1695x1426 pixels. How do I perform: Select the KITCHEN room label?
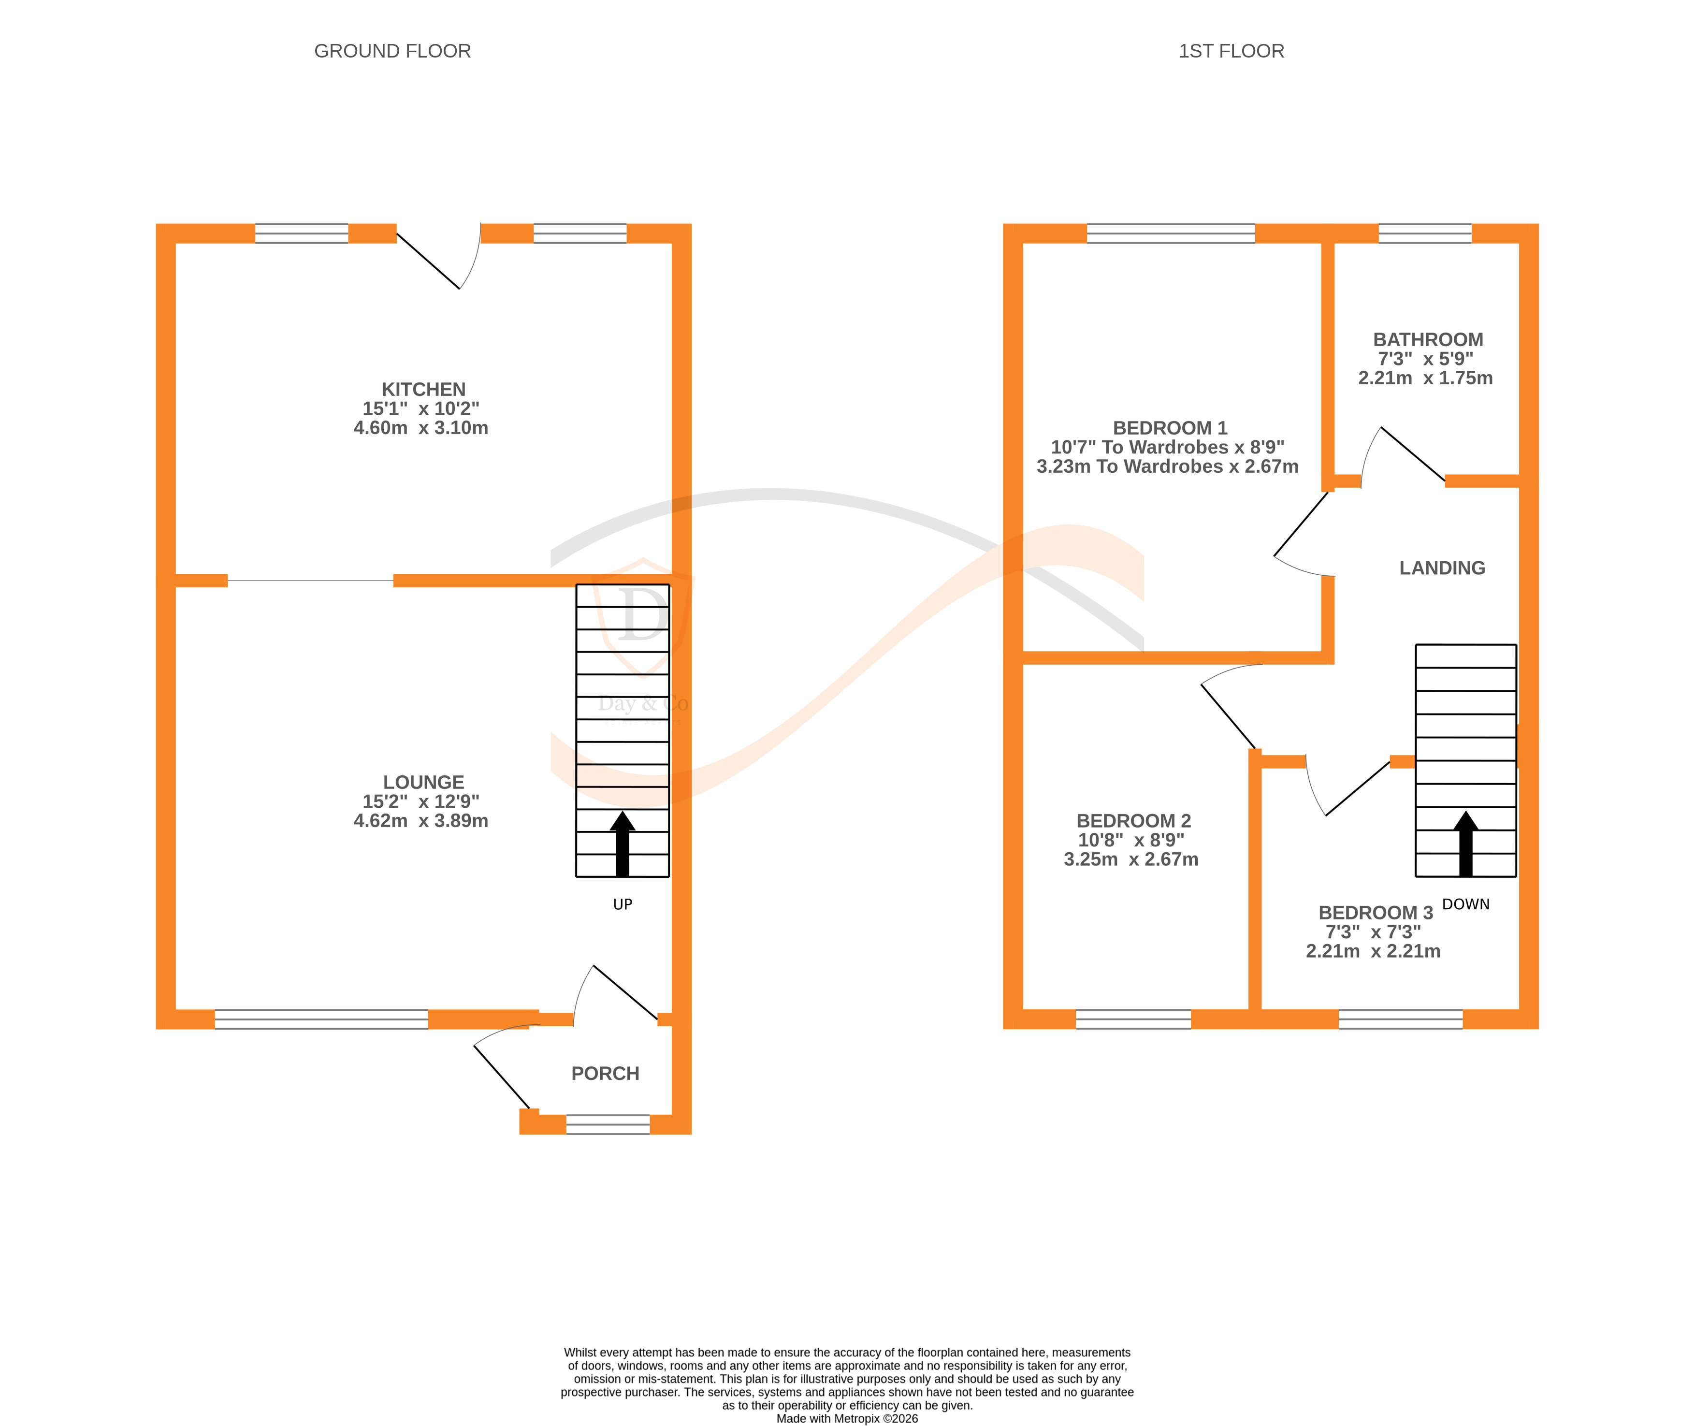pyautogui.click(x=423, y=389)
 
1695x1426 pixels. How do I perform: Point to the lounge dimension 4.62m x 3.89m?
pyautogui.click(x=420, y=820)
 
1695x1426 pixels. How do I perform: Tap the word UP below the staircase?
pyautogui.click(x=623, y=904)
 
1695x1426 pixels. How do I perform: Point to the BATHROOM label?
pyautogui.click(x=1427, y=339)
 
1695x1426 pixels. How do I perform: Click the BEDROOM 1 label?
pyautogui.click(x=1170, y=428)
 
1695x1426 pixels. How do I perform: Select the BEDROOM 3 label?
pyautogui.click(x=1375, y=913)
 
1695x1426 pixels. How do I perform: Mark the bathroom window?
pyautogui.click(x=1424, y=233)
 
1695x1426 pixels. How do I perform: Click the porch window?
pyautogui.click(x=608, y=1124)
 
